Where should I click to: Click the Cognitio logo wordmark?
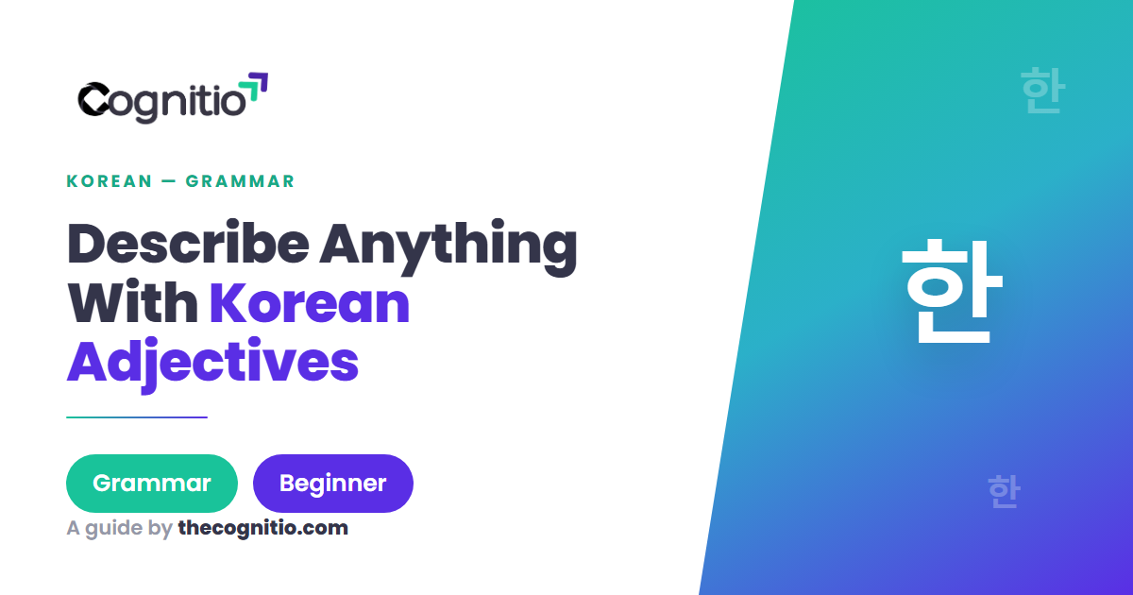[173, 98]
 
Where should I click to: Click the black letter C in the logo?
[94, 98]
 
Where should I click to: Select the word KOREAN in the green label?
[110, 181]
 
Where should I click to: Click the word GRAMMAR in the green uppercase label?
[240, 181]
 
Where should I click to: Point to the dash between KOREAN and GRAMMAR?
[169, 181]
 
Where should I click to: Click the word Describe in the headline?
[188, 243]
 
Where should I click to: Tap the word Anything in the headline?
[448, 247]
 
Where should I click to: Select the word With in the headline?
[132, 301]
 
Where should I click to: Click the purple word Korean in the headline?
[310, 302]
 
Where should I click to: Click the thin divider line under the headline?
[137, 417]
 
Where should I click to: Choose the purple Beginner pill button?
[332, 484]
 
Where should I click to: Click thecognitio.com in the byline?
[263, 528]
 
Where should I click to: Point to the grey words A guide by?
[119, 528]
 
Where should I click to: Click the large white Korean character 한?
[952, 291]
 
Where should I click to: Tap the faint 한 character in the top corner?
[1043, 90]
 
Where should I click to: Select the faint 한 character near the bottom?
[1004, 491]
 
